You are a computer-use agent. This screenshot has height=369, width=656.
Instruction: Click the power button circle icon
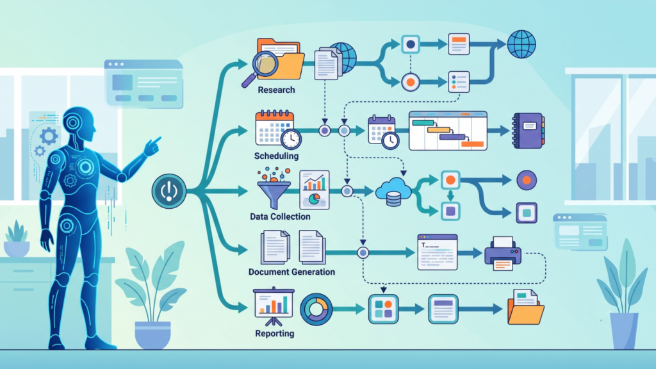pyautogui.click(x=169, y=191)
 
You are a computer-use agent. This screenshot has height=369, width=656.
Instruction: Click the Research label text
pyautogui.click(x=276, y=90)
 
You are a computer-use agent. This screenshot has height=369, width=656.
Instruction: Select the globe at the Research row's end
pyautogui.click(x=521, y=44)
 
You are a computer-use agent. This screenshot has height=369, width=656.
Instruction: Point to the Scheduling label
pyautogui.click(x=276, y=156)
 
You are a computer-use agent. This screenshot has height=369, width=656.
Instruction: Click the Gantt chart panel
pyautogui.click(x=448, y=131)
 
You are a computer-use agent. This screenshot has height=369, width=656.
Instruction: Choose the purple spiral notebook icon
pyautogui.click(x=529, y=131)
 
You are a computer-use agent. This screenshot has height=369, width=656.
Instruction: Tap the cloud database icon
pyautogui.click(x=393, y=192)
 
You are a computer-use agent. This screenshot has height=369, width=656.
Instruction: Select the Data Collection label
pyautogui.click(x=280, y=217)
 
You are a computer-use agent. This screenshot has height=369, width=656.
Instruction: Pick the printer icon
pyautogui.click(x=503, y=254)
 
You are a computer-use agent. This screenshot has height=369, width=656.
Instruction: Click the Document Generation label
pyautogui.click(x=291, y=272)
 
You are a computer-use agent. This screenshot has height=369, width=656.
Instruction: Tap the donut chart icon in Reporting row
pyautogui.click(x=316, y=309)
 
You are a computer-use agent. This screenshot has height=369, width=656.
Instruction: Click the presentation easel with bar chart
pyautogui.click(x=274, y=306)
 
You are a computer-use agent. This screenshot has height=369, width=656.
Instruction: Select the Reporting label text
pyautogui.click(x=274, y=333)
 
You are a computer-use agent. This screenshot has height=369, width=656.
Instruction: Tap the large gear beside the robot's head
pyautogui.click(x=49, y=136)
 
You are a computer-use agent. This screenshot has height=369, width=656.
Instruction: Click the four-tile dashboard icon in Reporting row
pyautogui.click(x=383, y=309)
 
